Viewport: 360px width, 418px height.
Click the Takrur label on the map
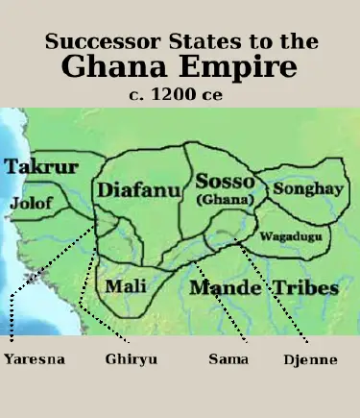[41, 167]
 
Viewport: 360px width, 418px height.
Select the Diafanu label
[139, 190]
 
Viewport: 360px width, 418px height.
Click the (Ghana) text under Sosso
[224, 200]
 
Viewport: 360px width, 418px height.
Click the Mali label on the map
[126, 286]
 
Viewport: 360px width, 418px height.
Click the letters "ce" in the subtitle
[221, 94]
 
